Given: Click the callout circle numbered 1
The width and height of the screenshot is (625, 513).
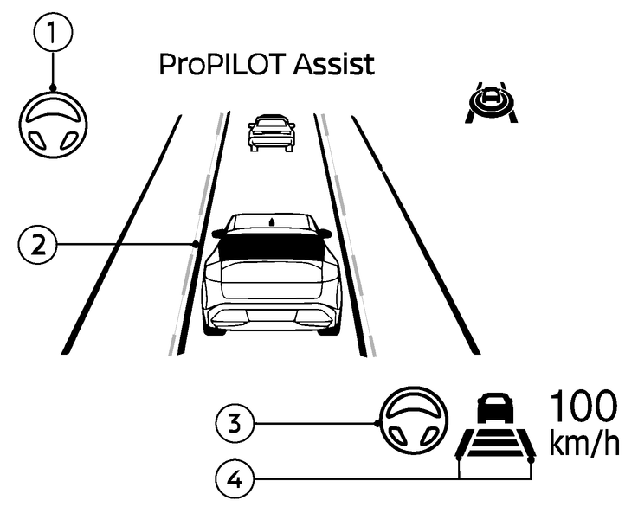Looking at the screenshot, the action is coord(53,32).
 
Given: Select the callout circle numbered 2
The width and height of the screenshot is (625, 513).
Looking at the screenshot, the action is coord(38,244).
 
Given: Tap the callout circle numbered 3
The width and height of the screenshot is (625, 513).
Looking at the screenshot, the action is coord(235,423).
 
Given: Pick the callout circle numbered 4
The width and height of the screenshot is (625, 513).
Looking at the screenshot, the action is coord(235,478).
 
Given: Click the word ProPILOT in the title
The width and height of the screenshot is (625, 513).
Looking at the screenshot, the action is coord(222,64).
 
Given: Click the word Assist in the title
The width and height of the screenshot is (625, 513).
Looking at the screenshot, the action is coord(334,64).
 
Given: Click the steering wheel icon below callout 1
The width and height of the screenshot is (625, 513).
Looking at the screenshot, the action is coord(53,125).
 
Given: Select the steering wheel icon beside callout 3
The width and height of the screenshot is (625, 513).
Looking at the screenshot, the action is coord(414,420).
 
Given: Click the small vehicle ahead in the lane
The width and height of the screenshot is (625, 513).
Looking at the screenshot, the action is coord(272,133).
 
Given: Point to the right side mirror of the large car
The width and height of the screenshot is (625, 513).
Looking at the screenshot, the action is coord(324,233).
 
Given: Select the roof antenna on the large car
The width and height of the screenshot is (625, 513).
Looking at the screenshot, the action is coord(272,221).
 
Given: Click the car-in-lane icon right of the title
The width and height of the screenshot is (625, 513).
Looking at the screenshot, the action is coord(491,102).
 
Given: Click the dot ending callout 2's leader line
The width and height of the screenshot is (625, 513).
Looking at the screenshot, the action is coord(196,244).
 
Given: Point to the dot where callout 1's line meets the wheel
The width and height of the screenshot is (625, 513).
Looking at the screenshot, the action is coord(53,88).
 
